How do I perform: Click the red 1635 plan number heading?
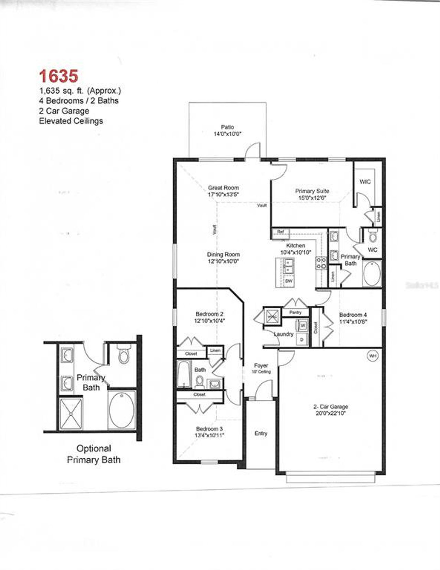58,76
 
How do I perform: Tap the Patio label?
227,127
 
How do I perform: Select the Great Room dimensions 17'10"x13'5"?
223,194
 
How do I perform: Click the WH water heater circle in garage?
373,356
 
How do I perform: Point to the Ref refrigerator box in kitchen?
280,232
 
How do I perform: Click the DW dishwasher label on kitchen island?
289,281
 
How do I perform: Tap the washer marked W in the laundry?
302,325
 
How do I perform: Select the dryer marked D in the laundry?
302,339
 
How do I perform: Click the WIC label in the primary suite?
365,182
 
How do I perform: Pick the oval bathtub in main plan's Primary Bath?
372,274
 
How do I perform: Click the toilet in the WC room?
373,237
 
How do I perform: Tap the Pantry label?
295,313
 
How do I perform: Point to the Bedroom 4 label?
353,315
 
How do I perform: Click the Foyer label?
261,365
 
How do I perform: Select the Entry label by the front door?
261,433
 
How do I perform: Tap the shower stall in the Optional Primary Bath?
71,414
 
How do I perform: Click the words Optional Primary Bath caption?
93,454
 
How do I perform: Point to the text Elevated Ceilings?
71,121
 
